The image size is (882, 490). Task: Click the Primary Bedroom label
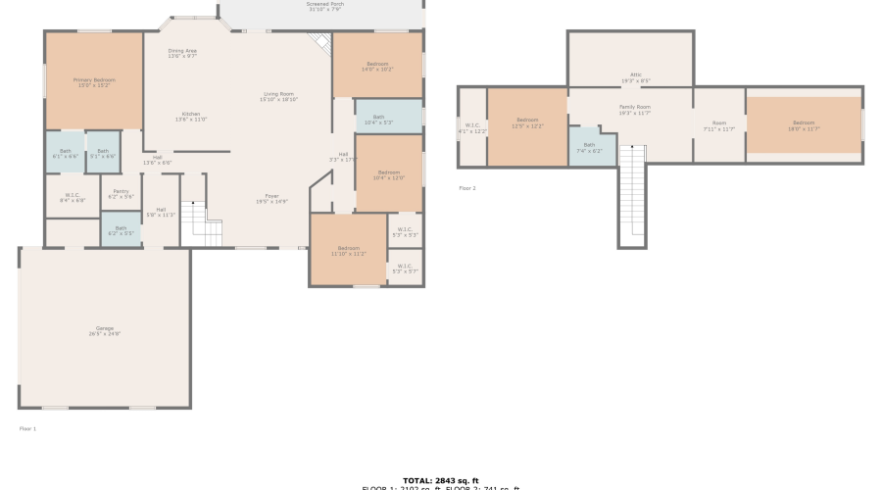94,81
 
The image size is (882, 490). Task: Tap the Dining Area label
182,53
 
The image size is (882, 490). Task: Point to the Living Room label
279,96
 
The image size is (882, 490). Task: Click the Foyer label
271,198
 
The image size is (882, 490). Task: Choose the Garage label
105,330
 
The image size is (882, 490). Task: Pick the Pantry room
122,194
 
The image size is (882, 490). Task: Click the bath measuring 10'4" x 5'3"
378,120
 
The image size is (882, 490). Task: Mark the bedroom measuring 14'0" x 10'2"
377,67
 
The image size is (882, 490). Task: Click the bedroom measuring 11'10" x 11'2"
348,251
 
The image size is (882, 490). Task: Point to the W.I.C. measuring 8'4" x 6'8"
73,197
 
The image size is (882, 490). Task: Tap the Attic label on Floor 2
635,77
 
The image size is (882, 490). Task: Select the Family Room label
635,110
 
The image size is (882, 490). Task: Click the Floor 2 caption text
467,188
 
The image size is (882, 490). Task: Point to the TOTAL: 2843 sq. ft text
441,480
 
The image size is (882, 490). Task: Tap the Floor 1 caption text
27,428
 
